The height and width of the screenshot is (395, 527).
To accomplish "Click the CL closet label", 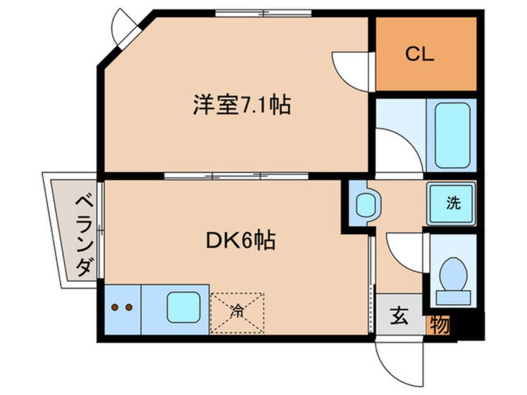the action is pyautogui.click(x=420, y=54).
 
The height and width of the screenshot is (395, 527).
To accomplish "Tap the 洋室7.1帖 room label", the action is pyautogui.click(x=242, y=105).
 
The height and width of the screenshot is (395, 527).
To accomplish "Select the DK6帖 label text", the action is pyautogui.click(x=240, y=240).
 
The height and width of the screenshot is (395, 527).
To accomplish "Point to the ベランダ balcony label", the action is pyautogui.click(x=84, y=236).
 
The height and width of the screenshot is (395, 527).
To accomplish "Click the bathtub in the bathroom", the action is pyautogui.click(x=452, y=135).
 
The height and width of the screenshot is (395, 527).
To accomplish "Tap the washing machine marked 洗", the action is pyautogui.click(x=452, y=203).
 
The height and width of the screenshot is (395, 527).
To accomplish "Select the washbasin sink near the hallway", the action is pyautogui.click(x=366, y=204).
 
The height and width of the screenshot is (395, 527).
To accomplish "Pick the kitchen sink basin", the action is pyautogui.click(x=184, y=307).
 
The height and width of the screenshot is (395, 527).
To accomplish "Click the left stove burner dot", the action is pyautogui.click(x=115, y=307).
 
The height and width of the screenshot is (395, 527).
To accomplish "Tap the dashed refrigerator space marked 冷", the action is pyautogui.click(x=237, y=313).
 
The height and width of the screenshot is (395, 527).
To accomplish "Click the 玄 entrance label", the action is pyautogui.click(x=399, y=316).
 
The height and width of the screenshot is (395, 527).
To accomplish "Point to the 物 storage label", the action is pyautogui.click(x=440, y=325).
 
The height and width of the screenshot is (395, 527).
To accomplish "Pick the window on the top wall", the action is pyautogui.click(x=263, y=14).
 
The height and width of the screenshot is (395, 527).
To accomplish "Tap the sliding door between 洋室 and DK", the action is pyautogui.click(x=236, y=176).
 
